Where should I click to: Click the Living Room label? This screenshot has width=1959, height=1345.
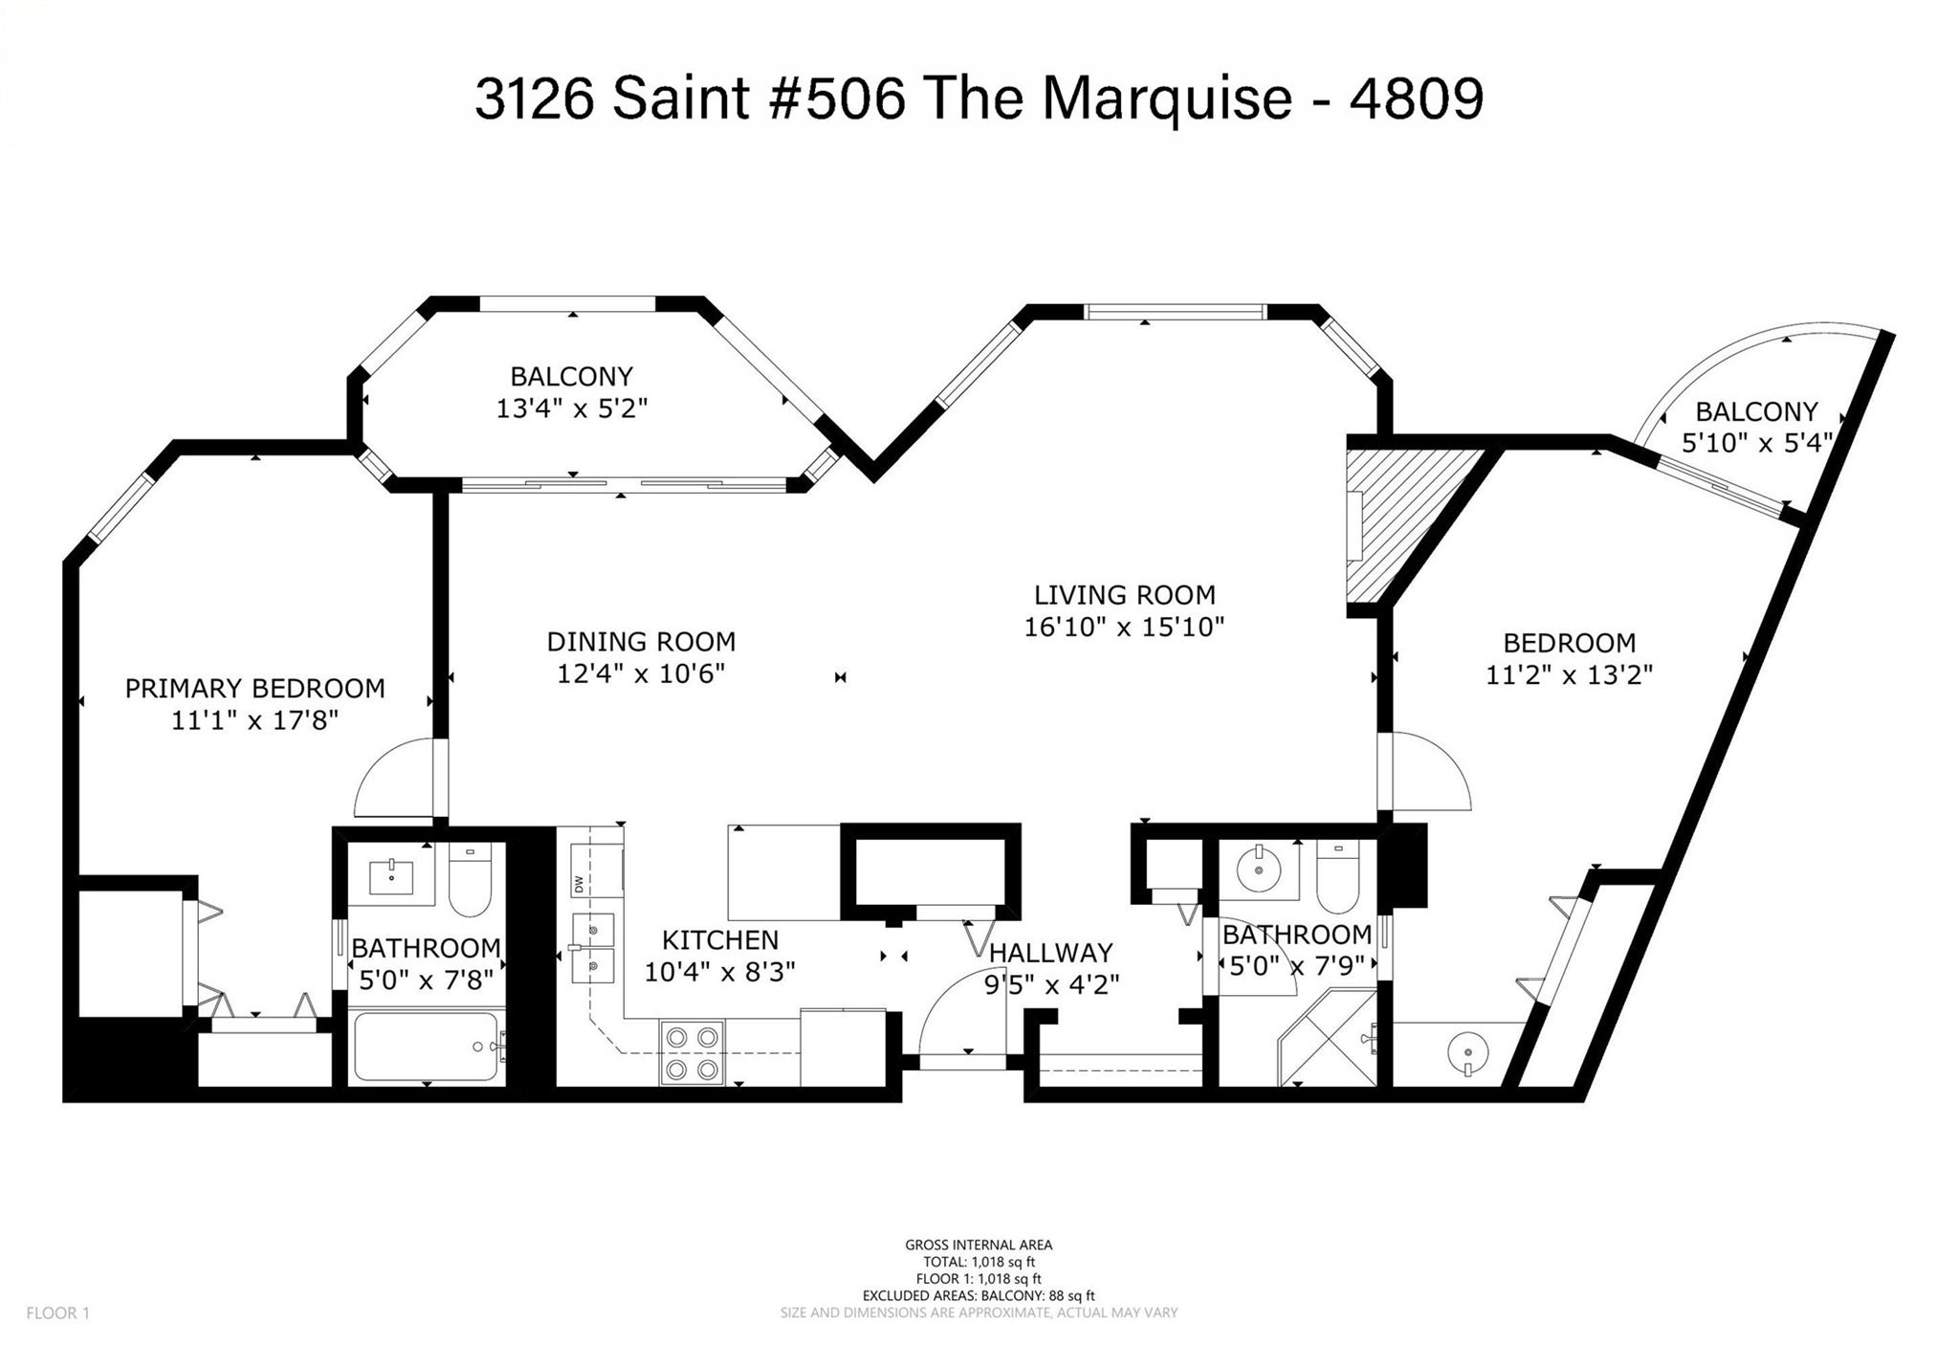[1124, 595]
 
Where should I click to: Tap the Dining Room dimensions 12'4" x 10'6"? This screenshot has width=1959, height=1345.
[641, 673]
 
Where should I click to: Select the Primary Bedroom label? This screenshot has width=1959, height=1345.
[255, 688]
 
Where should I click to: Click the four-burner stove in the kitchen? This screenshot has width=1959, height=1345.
[692, 1052]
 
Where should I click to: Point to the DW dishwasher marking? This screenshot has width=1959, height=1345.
[579, 886]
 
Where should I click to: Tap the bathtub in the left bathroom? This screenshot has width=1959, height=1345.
[426, 1047]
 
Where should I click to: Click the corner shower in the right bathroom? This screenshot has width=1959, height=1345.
[1329, 1039]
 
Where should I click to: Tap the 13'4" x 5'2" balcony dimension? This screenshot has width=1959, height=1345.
[572, 408]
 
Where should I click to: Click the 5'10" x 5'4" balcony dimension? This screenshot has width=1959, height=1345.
[1757, 443]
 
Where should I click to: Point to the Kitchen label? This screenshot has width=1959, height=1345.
[720, 939]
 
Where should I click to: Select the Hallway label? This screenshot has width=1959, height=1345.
[1051, 953]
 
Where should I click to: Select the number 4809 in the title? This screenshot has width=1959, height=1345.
[1416, 99]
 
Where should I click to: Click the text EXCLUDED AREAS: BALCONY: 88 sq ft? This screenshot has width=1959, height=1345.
[979, 1296]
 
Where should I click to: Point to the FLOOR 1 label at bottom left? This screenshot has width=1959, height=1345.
[57, 1313]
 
